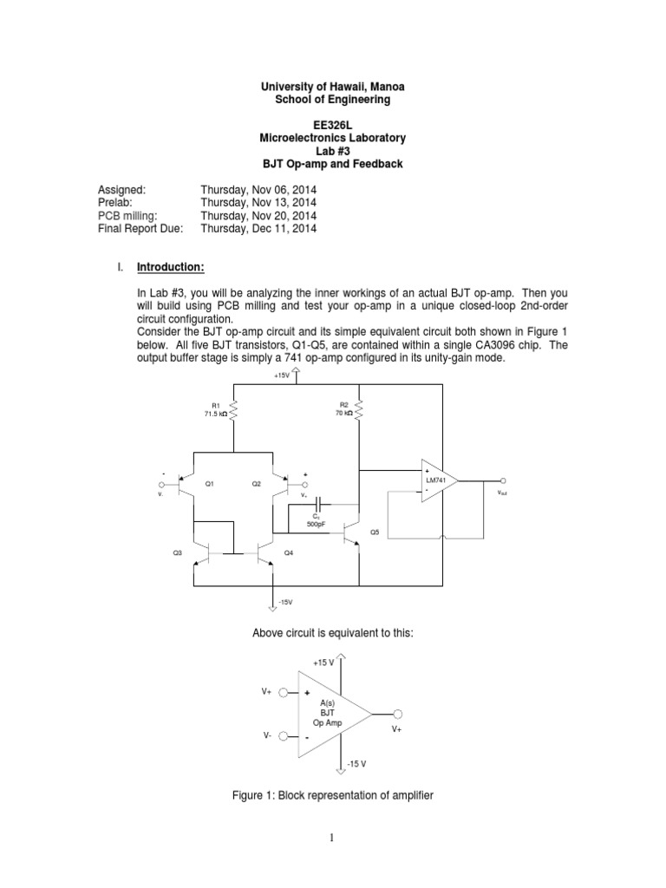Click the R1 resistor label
(x=216, y=406)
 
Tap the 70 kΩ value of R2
(x=343, y=414)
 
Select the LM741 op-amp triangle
(x=440, y=480)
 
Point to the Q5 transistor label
(x=375, y=532)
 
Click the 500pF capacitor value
(x=316, y=524)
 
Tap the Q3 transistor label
(x=177, y=552)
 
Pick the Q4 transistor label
(x=288, y=552)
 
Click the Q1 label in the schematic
(x=210, y=484)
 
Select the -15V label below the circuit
(x=285, y=602)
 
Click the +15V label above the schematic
(x=282, y=375)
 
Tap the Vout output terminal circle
(x=503, y=480)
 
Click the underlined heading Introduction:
(x=171, y=267)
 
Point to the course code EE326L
(x=332, y=125)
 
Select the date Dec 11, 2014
(x=284, y=229)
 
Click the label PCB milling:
(x=127, y=216)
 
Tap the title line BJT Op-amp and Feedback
(x=332, y=164)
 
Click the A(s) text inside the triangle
(x=327, y=702)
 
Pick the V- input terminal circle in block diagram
(x=284, y=736)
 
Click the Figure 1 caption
(x=332, y=795)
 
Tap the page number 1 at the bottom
(x=332, y=838)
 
